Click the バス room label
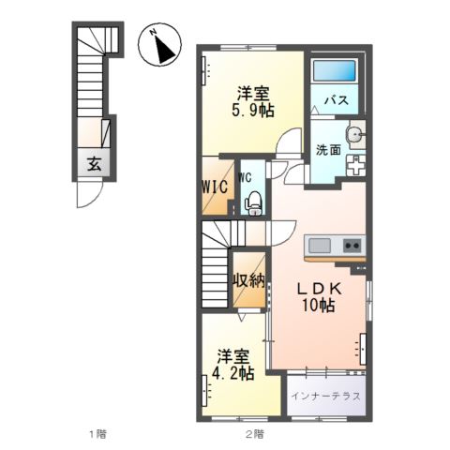[337, 100]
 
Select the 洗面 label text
[327, 149]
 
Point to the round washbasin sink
[354, 136]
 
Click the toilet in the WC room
[251, 200]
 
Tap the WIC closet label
[215, 186]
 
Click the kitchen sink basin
[319, 246]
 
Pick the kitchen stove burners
[352, 246]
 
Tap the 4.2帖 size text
[234, 373]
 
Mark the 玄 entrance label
[95, 164]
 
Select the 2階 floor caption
[254, 434]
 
